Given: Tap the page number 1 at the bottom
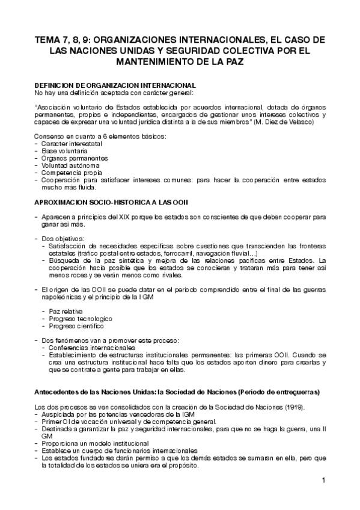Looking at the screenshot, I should [x=323, y=480].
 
